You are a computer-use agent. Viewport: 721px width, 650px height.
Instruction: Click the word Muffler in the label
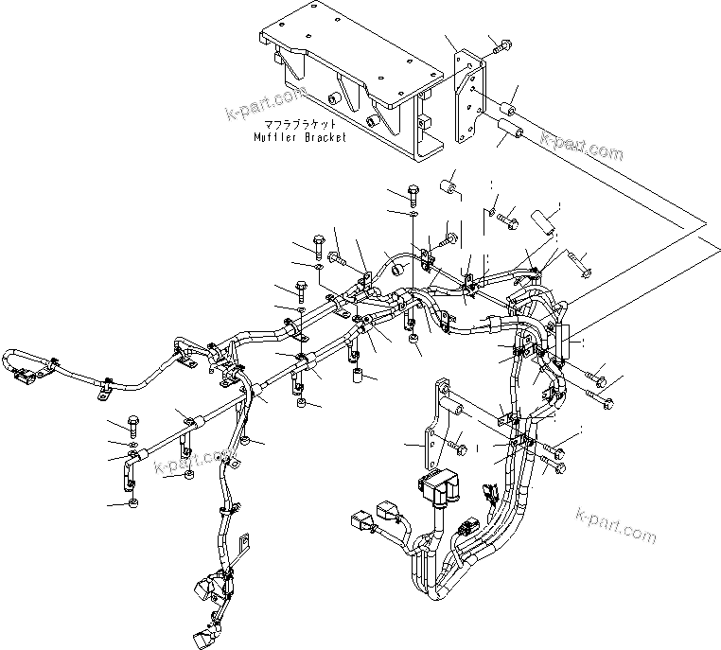point(274,137)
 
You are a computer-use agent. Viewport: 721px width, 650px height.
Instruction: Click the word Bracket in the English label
point(323,137)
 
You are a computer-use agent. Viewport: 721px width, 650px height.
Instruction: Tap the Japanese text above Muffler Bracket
point(298,124)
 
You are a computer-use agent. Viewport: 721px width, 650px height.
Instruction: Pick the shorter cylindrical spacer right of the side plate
point(509,96)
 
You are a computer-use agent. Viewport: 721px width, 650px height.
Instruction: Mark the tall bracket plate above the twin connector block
point(436,426)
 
